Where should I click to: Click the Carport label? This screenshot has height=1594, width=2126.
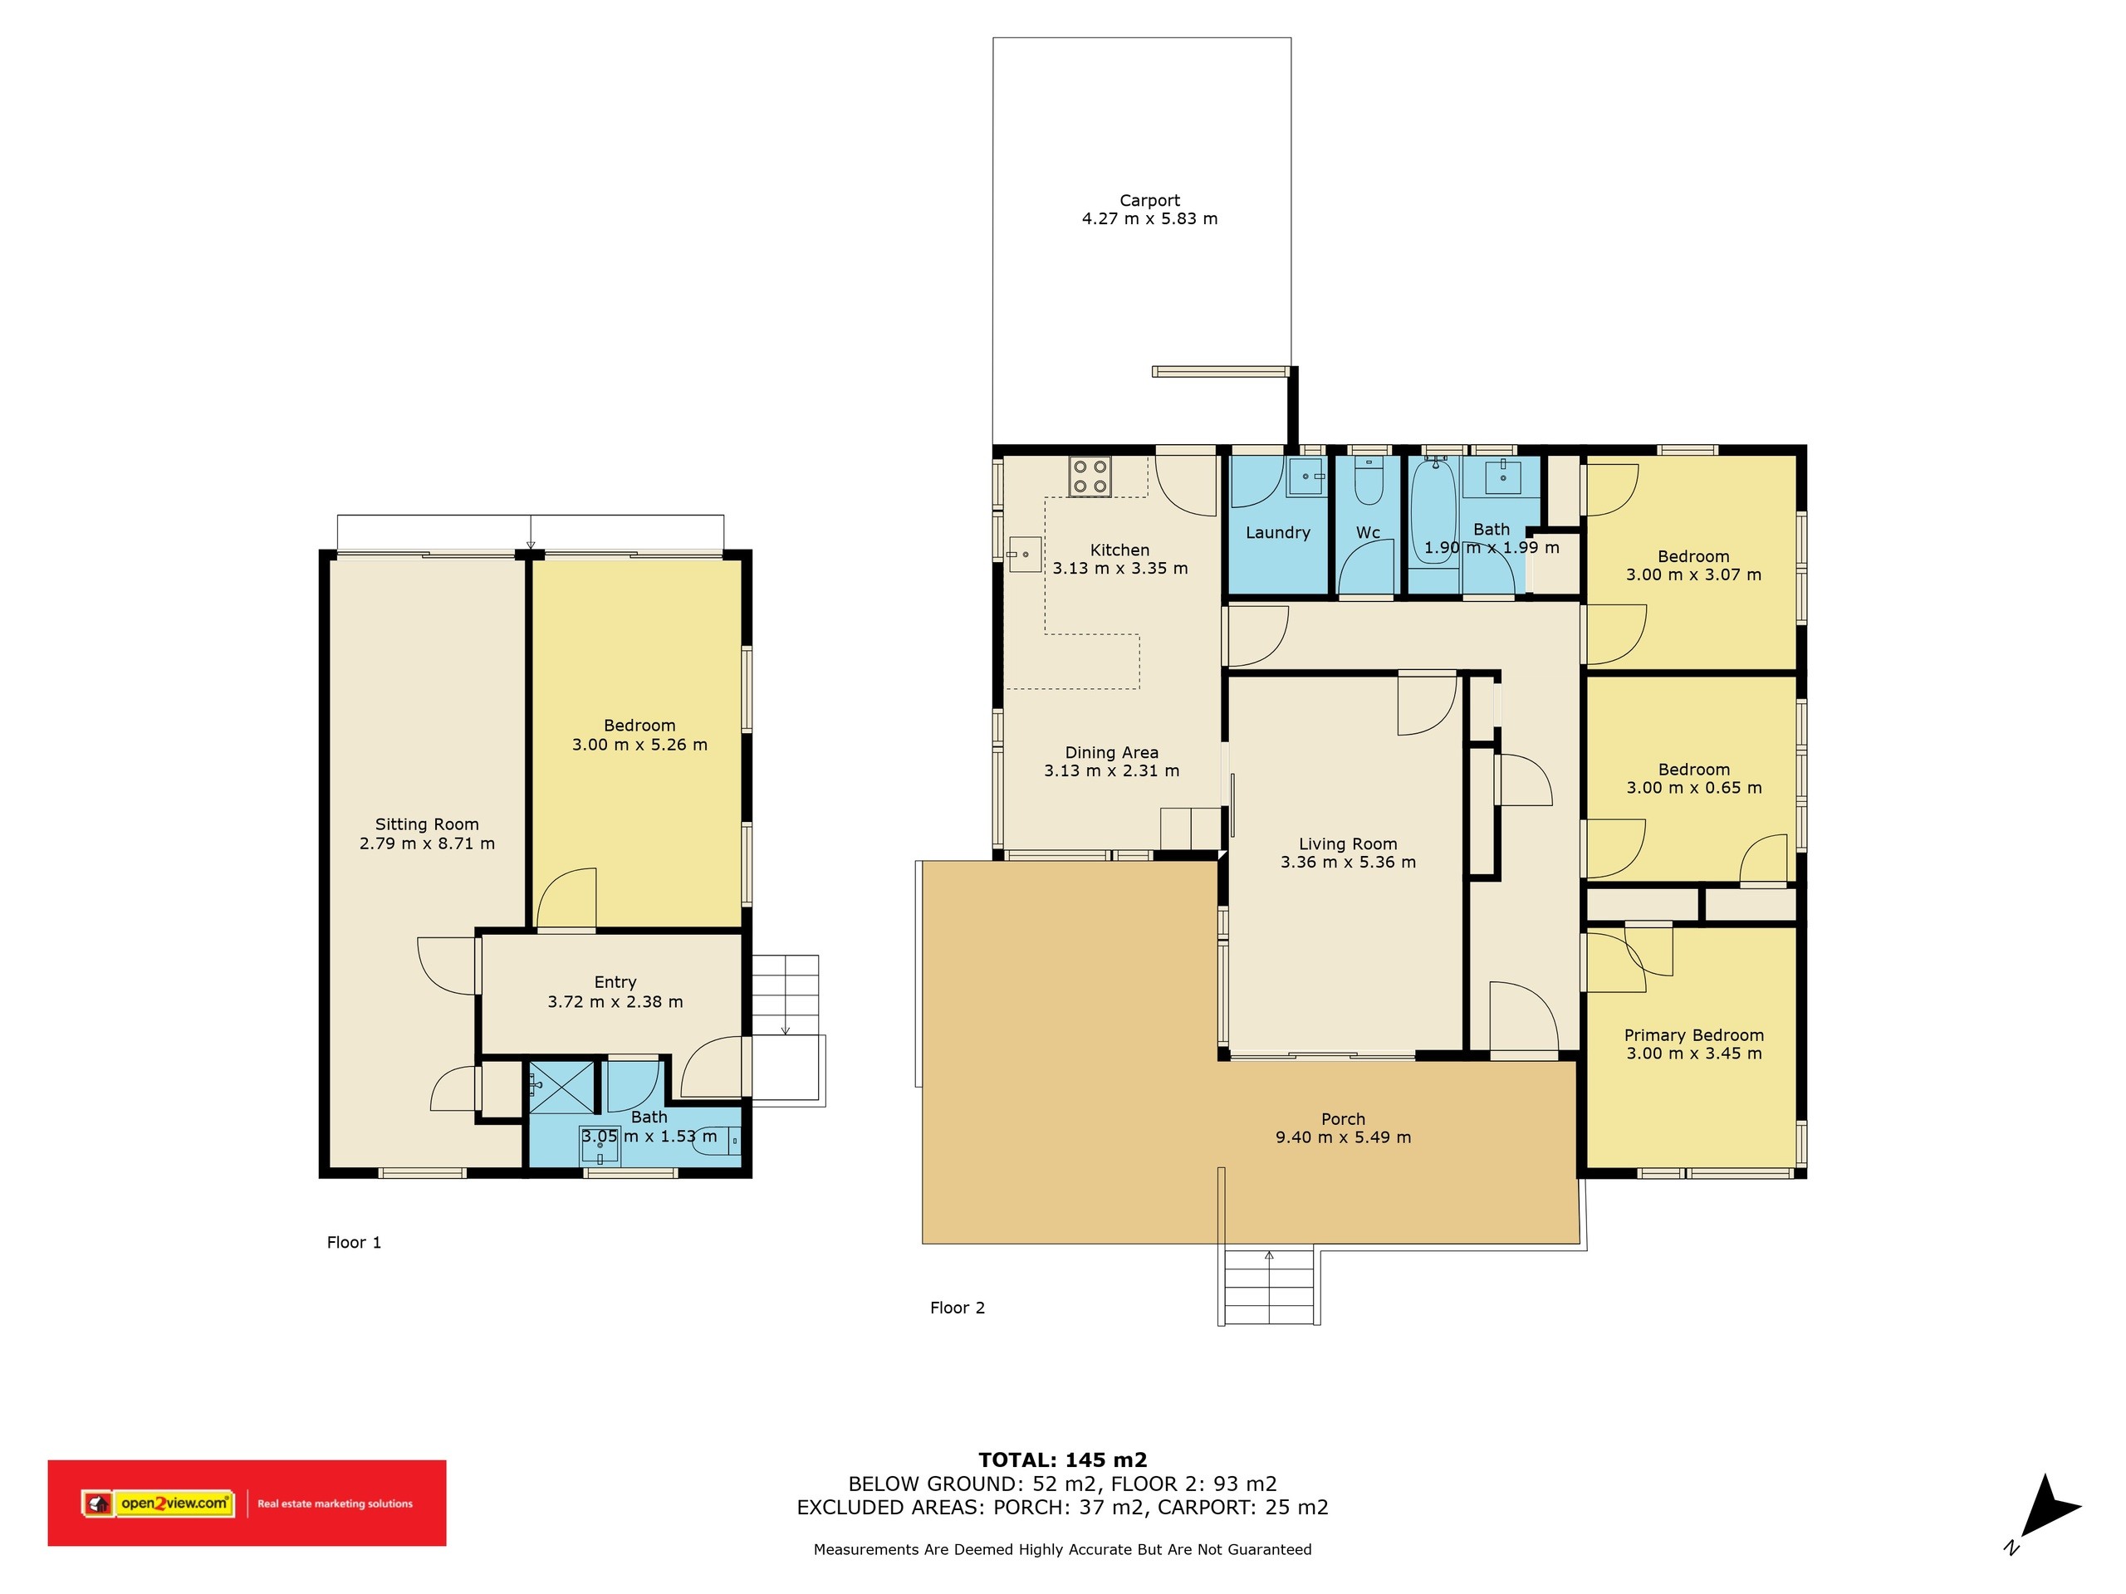[x=1149, y=201]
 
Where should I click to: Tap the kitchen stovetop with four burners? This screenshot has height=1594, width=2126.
[x=1090, y=477]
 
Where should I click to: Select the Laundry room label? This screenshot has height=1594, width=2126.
[x=1277, y=533]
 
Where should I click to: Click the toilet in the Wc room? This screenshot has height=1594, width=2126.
[x=1369, y=481]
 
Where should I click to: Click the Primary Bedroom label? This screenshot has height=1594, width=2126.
[x=1693, y=1034]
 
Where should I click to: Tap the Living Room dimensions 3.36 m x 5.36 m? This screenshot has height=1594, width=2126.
[x=1348, y=863]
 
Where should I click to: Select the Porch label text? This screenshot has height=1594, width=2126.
[x=1343, y=1119]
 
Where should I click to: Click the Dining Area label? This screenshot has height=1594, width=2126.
[x=1111, y=752]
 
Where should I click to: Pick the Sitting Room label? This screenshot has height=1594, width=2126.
[x=427, y=824]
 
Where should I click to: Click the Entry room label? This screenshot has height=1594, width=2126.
[x=615, y=983]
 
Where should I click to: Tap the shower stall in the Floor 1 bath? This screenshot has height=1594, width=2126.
[x=561, y=1087]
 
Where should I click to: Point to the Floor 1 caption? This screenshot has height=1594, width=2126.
[x=354, y=1242]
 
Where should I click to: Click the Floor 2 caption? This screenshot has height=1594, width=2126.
[x=958, y=1308]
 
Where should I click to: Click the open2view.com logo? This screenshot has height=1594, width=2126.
[x=174, y=1504]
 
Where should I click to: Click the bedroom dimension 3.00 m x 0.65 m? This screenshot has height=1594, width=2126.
[x=1693, y=788]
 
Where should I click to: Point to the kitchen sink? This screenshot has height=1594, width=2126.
[x=1025, y=555]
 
